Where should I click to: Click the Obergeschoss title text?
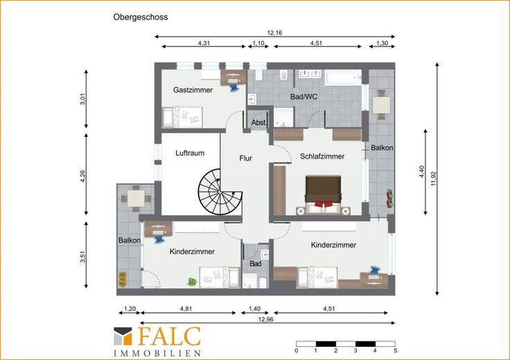pos(141,17)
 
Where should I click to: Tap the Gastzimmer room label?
pos(193,90)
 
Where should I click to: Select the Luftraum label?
pos(190,153)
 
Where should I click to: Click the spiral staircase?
pos(220,192)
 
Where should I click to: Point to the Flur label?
pos(245,159)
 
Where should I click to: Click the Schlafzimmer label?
pos(322,156)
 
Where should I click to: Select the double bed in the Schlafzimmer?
pos(324,195)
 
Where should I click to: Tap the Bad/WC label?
pos(304,96)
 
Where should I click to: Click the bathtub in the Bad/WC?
pos(344,78)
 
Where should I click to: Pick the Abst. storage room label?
pos(259,123)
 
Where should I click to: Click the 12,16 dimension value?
pos(275,33)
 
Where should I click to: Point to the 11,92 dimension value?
pos(433,179)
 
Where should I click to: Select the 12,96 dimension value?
pos(265,319)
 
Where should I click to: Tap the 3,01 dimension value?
pos(82,99)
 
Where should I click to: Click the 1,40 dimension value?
pos(255,309)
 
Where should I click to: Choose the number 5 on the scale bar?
pos(395,351)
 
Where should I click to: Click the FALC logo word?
pos(170,336)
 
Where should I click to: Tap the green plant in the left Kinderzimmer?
pos(191,282)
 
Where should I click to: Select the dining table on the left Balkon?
pos(136,199)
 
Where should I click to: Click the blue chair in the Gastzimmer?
pos(234,87)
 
